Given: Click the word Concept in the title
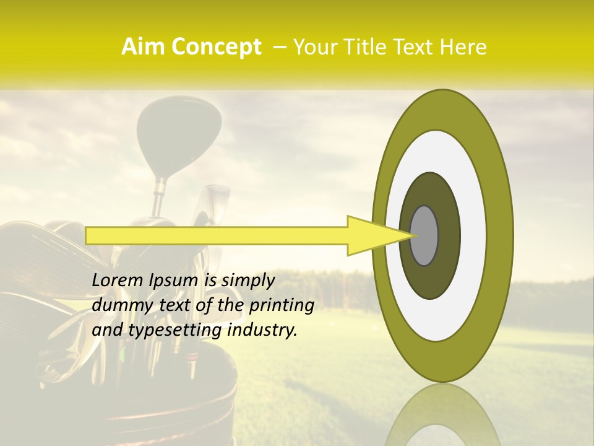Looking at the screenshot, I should pos(217,47).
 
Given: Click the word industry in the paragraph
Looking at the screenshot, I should pos(262,330).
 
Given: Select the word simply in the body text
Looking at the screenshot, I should pos(247,280).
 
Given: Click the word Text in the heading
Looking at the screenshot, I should pos(414,47).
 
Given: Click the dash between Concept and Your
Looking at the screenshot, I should pos(278,47).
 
